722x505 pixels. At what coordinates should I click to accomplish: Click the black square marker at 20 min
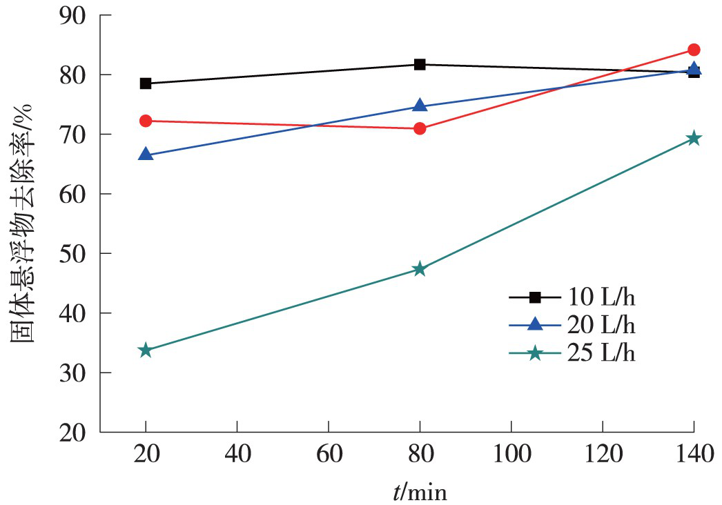(145, 83)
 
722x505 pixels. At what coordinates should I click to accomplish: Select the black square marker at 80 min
(420, 64)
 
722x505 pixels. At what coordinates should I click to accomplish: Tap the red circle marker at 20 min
(145, 121)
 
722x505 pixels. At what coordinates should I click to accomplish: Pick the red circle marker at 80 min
(420, 128)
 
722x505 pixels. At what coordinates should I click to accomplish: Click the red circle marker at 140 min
(694, 50)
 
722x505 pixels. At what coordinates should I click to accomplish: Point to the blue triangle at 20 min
(145, 155)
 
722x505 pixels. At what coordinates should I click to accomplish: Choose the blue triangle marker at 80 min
(420, 106)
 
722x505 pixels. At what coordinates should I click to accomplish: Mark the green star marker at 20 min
(145, 350)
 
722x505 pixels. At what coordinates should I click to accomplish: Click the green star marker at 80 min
(420, 269)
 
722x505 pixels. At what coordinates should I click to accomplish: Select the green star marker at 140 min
(694, 139)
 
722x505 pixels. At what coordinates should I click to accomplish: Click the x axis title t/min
(420, 491)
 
